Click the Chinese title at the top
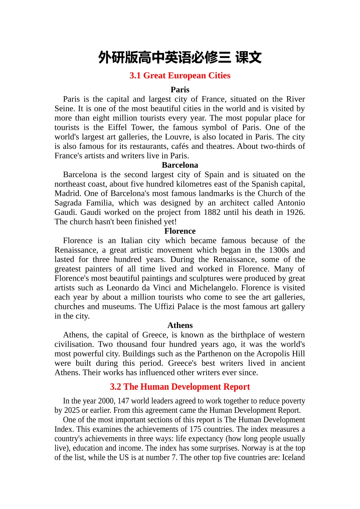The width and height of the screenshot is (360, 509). pos(180,58)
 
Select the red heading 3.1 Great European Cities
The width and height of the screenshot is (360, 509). pos(180,76)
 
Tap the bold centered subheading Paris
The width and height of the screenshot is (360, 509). pos(180,90)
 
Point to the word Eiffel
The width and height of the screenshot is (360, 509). pos(117,128)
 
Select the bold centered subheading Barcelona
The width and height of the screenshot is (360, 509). pos(180,165)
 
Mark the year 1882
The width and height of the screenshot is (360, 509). pos(212,212)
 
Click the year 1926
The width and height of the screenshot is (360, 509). pos(294,212)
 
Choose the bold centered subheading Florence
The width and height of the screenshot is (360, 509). pos(180,231)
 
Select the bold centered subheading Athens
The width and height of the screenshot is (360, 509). pos(180,325)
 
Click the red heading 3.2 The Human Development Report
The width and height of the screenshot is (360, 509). pos(180,387)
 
